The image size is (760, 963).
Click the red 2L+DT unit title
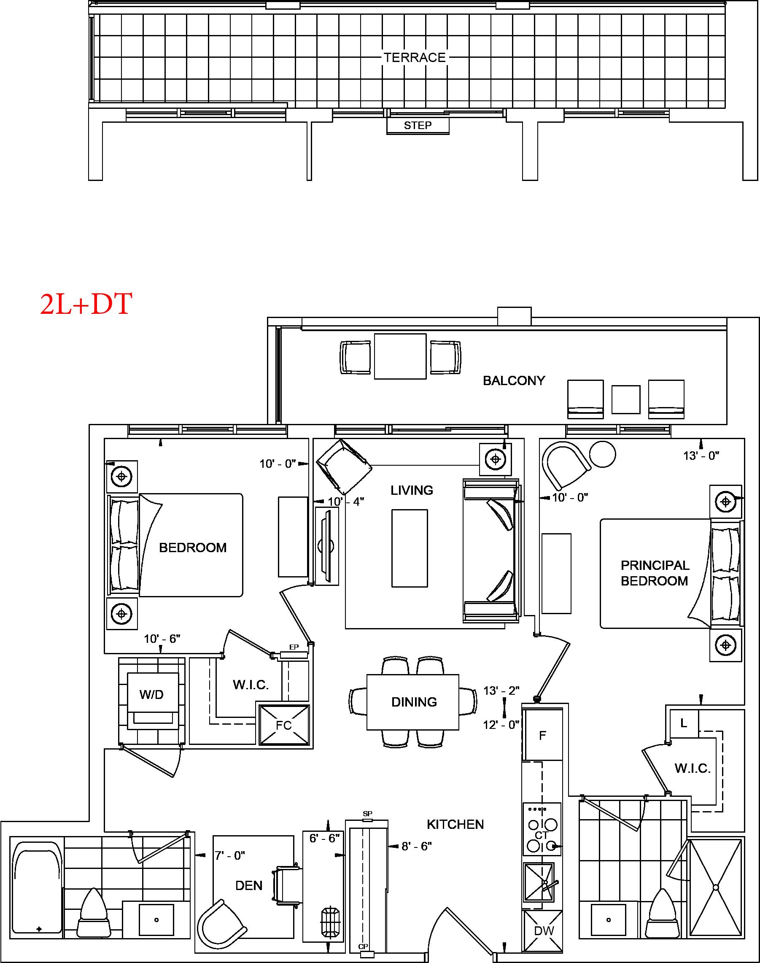coord(86,305)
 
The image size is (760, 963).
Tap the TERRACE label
coord(415,57)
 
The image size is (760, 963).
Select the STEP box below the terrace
coord(418,126)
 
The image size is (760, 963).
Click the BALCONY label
coord(514,380)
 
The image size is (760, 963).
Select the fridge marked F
coord(542,735)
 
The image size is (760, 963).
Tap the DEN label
coord(249,885)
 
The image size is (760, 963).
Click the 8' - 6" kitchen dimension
coord(417,846)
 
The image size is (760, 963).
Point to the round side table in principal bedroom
coord(603,454)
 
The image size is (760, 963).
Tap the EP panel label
coord(294,647)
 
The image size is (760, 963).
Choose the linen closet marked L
coord(685,723)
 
